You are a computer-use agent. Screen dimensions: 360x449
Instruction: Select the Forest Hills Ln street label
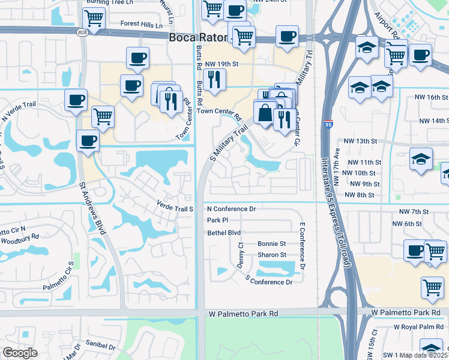pos(141,26)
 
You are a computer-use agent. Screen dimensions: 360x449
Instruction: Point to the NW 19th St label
pos(222,63)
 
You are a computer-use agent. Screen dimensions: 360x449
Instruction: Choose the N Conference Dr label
pos(231,209)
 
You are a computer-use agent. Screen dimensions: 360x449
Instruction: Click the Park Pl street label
pos(217,221)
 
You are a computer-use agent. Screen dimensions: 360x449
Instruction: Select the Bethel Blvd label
pos(223,233)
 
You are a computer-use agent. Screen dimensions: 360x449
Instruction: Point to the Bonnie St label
pos(271,244)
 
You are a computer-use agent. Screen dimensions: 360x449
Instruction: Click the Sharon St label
pos(271,255)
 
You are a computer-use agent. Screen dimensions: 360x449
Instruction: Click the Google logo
pos(20,353)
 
